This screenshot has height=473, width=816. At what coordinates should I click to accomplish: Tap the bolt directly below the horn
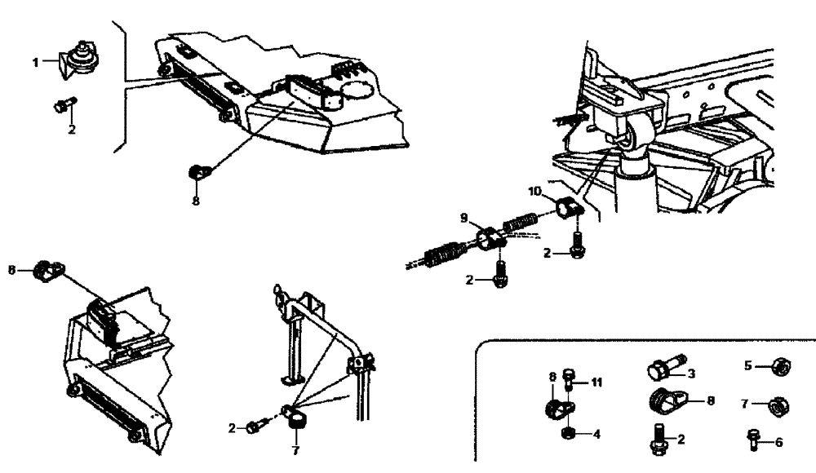coord(64,104)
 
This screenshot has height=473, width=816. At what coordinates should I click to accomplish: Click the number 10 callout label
coord(534,192)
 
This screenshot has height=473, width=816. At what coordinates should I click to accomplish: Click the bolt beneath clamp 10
coord(578,243)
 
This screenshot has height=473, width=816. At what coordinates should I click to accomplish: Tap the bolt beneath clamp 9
coord(500,271)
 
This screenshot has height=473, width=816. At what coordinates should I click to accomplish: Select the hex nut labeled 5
coord(778,367)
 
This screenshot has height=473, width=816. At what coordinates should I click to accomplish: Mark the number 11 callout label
coord(596,381)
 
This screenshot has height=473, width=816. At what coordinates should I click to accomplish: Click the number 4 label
coord(596,434)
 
